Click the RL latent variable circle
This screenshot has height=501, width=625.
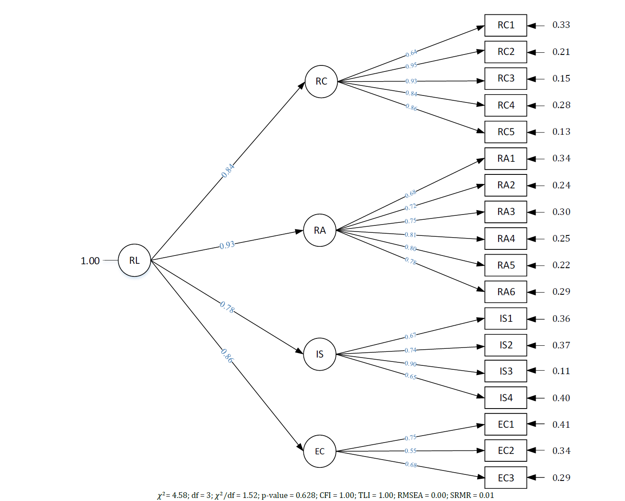pos(134,260)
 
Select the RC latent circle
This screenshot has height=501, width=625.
pos(321,82)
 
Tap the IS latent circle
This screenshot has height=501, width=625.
pos(319,354)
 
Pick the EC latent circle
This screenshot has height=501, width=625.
pos(319,451)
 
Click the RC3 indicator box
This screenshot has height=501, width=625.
pos(506,78)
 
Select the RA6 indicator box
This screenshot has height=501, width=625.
pos(506,292)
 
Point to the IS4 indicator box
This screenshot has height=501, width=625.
pos(506,398)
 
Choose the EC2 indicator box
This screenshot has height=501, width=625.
pos(506,450)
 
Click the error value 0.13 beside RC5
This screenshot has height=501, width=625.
pos(561,132)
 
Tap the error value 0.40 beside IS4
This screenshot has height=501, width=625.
pos(561,398)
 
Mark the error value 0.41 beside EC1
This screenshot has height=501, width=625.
pos(561,424)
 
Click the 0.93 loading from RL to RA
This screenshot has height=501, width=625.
pos(227,245)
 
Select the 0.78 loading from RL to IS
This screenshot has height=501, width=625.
pos(227,307)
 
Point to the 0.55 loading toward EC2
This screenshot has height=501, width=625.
pos(411,451)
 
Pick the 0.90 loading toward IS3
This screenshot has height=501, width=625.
pos(411,364)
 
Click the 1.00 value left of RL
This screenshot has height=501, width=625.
pos(90,261)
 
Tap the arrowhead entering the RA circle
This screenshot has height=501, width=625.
pos(299,232)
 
